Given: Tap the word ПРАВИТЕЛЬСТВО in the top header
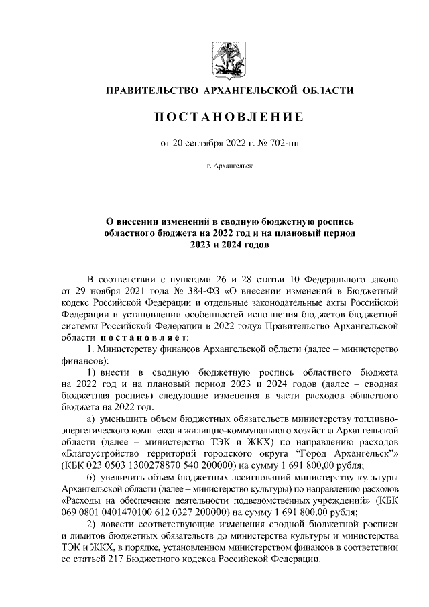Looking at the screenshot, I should pos(150,90).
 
